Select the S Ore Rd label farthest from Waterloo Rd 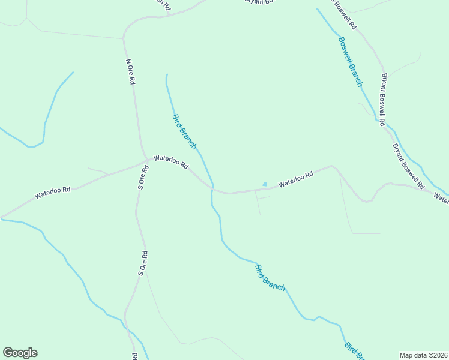tap(142, 263)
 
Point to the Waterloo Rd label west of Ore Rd tap(53, 193)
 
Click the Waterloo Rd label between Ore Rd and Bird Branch tap(171, 162)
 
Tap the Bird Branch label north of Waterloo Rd tap(184, 131)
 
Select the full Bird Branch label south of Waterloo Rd tap(270, 277)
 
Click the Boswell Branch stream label tap(350, 62)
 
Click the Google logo tap(20, 353)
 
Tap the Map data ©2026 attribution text tap(423, 355)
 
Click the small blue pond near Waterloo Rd tap(264, 184)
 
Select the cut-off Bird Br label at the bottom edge tap(355, 352)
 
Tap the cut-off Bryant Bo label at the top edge tap(259, 2)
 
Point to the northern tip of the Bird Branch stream tap(166, 74)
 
